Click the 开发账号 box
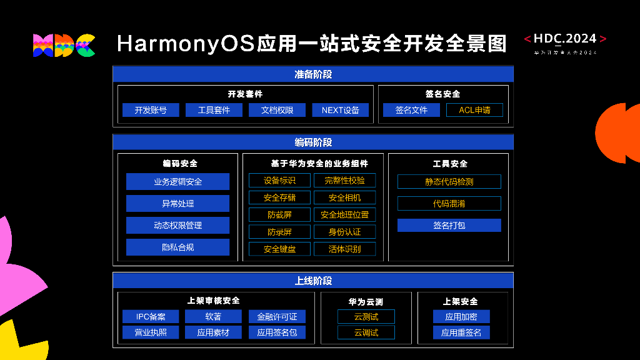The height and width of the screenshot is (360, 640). point(151,110)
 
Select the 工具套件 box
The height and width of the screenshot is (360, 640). point(214,110)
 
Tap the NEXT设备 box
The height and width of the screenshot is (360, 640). point(341,110)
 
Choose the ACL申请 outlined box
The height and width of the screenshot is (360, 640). point(474,110)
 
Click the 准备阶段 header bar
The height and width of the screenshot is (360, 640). point(313,74)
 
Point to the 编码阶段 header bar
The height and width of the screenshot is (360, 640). point(313,142)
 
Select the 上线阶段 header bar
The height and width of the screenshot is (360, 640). point(313,281)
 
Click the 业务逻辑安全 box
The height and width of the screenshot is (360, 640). point(177,182)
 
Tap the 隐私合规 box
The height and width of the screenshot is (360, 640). point(177,247)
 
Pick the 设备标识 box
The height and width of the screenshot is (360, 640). point(279,181)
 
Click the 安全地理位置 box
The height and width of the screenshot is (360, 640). point(344,214)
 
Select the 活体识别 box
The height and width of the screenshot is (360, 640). point(344,249)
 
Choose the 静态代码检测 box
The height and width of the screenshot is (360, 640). point(449,182)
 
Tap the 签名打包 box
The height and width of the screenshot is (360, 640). point(449,225)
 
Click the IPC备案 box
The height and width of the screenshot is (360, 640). point(151,317)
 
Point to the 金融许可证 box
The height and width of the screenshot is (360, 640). point(277,317)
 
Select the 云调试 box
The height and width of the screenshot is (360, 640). point(366,332)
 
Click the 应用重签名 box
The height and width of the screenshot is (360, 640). point(461,332)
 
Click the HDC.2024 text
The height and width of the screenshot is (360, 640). point(565,39)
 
